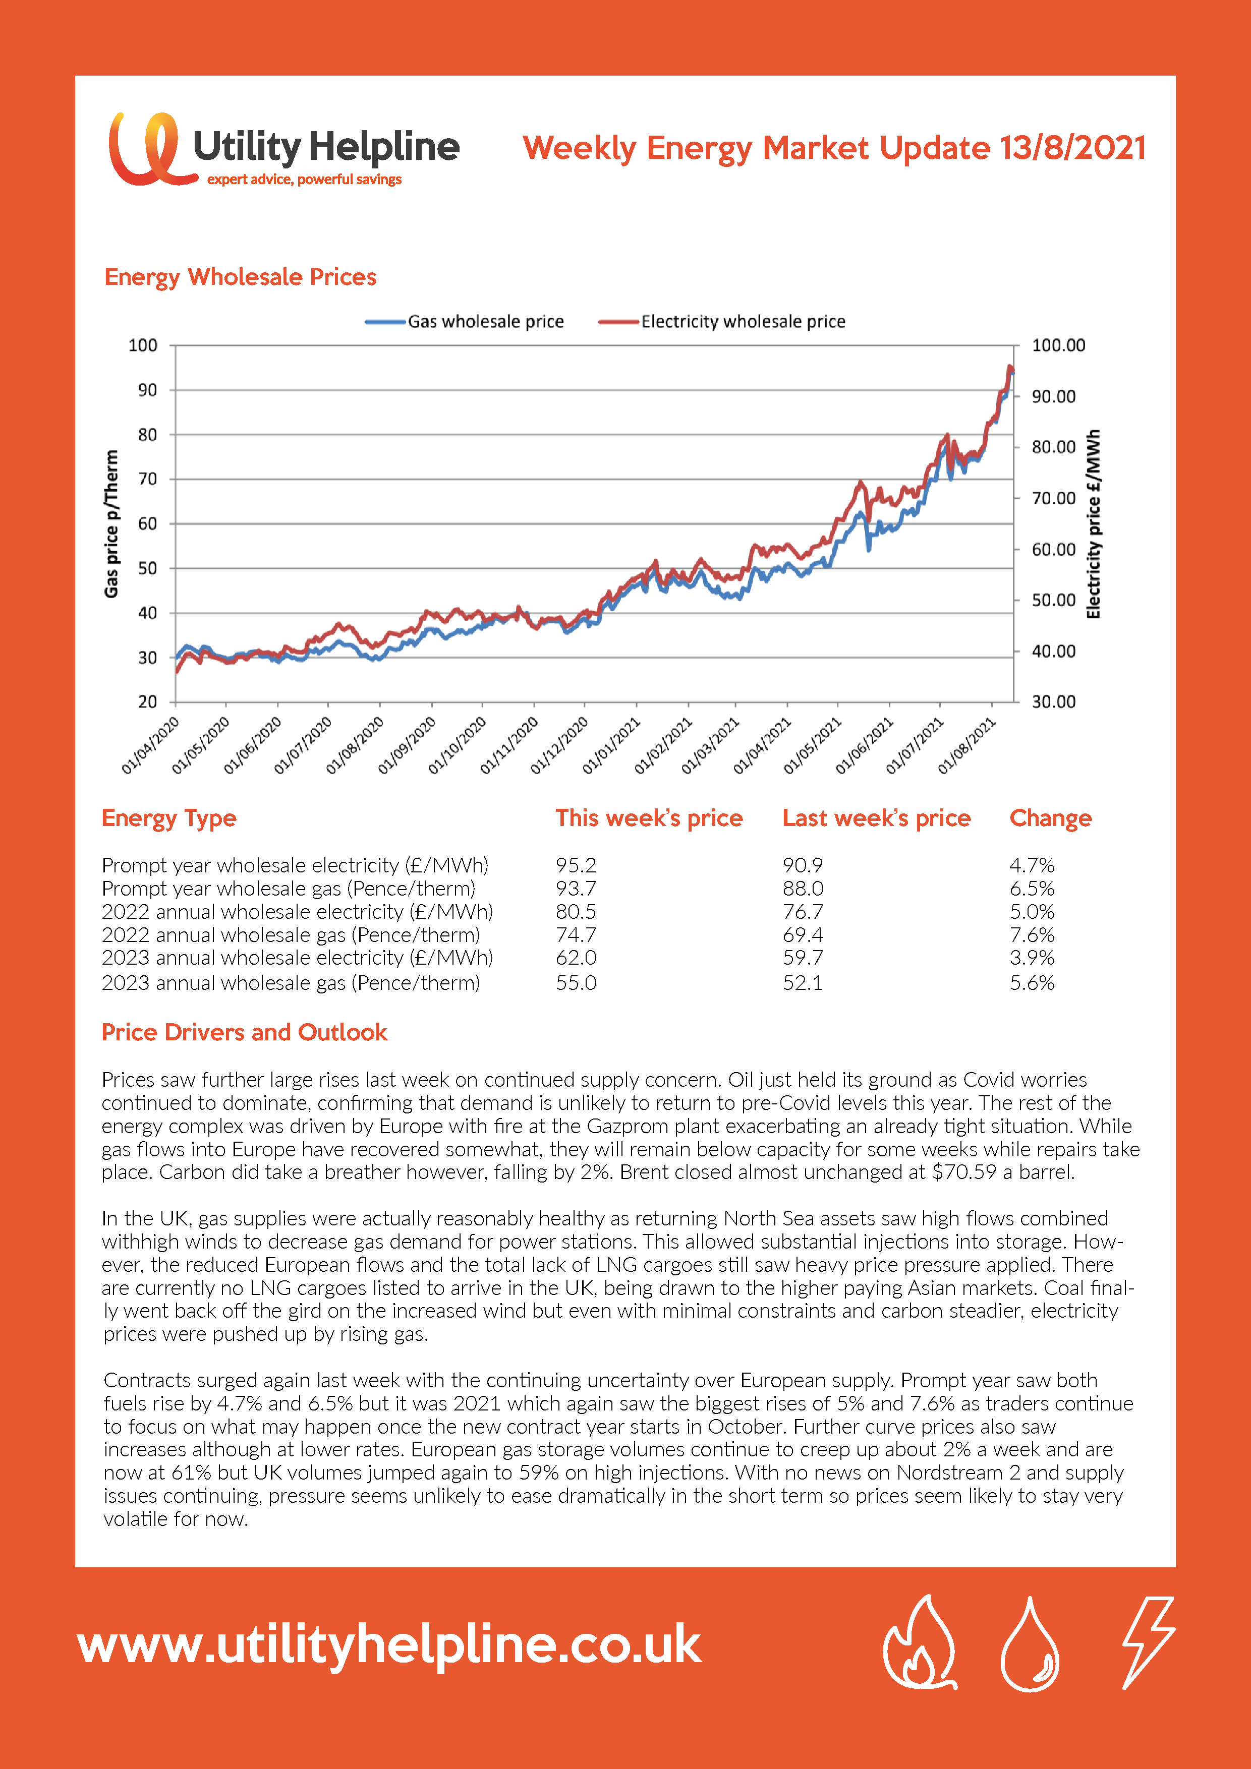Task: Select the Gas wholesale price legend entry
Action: (x=465, y=321)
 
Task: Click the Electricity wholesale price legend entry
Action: (x=722, y=321)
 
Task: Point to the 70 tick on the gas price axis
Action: (x=147, y=479)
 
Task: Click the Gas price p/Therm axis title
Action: (x=112, y=524)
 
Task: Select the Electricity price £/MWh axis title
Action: (x=1093, y=524)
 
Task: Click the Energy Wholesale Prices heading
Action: (x=241, y=277)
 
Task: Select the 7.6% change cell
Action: (x=1032, y=934)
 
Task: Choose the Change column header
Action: (x=1051, y=818)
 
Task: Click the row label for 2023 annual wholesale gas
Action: (x=291, y=983)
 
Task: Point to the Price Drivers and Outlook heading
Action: (x=244, y=1032)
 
